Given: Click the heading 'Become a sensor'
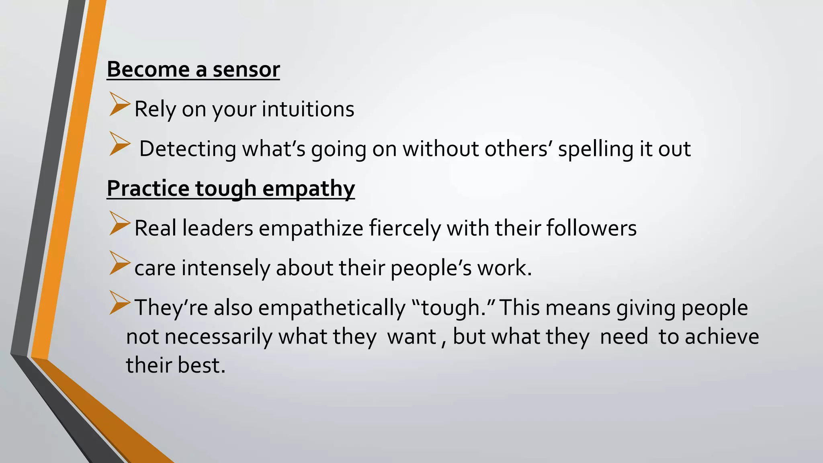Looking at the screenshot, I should coord(193,70).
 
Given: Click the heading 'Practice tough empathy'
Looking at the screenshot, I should coord(231,188).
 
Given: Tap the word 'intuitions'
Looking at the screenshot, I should coord(308,109).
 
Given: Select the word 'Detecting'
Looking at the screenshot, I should coord(188,149).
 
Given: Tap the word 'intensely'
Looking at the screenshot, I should coord(226,268).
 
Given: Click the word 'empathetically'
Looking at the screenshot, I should coord(332,308).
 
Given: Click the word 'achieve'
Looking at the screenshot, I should coord(722,337).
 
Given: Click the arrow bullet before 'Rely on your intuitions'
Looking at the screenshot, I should coord(119,104).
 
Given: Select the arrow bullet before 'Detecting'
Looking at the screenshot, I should coord(119,144).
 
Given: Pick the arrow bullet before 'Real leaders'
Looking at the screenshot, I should coord(119,223).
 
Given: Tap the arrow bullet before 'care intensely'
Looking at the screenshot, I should coord(119,263).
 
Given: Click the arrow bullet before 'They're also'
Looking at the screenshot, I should coord(119,303).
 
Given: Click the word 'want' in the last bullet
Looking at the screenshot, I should coord(411,337).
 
